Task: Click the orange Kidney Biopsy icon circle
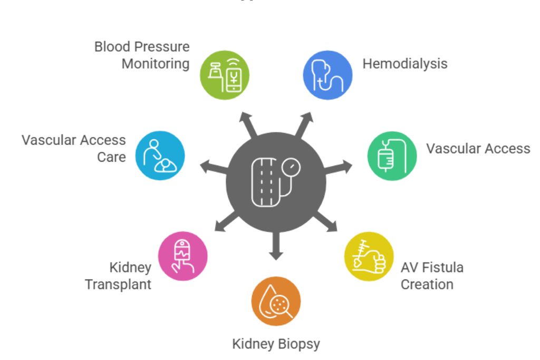click(x=276, y=301)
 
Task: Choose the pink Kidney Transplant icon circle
click(x=183, y=256)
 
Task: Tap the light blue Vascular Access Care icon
click(x=160, y=156)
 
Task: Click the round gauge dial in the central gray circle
click(x=291, y=169)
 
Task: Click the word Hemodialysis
click(x=404, y=64)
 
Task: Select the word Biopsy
click(x=298, y=344)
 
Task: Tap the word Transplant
click(x=118, y=284)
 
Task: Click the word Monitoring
click(x=156, y=64)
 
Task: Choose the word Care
click(x=111, y=157)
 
